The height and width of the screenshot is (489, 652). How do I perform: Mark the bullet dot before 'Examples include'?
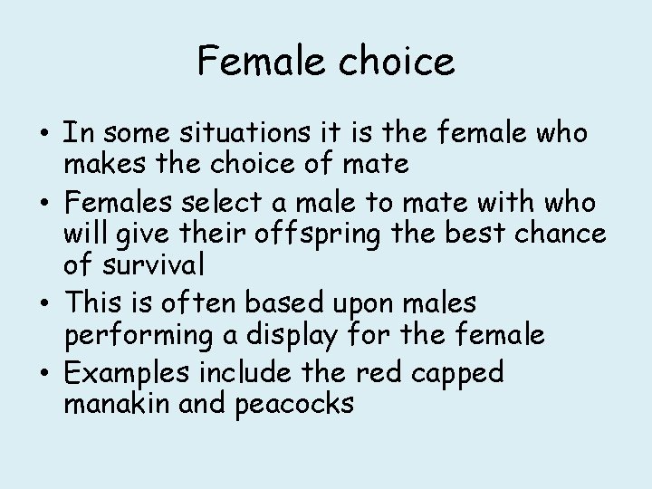pyautogui.click(x=44, y=370)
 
